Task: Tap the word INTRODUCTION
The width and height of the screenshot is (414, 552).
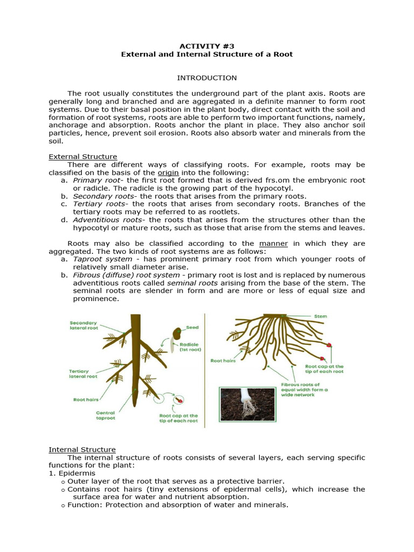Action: (x=206, y=78)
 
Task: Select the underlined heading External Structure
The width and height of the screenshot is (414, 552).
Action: (x=82, y=156)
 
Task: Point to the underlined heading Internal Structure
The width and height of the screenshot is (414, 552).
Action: (x=82, y=449)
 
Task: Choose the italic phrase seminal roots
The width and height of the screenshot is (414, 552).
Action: (x=192, y=282)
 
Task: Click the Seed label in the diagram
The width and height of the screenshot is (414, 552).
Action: (x=192, y=327)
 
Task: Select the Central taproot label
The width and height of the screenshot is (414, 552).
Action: (x=106, y=416)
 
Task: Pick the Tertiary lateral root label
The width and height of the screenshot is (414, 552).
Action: (x=83, y=374)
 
